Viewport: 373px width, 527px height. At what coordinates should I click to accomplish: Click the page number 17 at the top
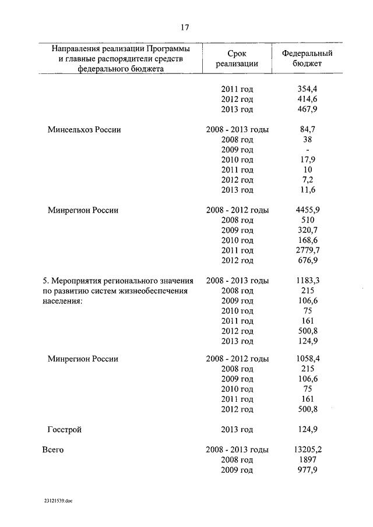[185, 27]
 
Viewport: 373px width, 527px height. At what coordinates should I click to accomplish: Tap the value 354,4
[307, 89]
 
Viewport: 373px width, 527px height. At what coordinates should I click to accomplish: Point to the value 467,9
[307, 109]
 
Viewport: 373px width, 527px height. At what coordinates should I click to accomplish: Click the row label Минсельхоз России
[84, 129]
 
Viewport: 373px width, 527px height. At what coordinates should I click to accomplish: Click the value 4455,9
[307, 210]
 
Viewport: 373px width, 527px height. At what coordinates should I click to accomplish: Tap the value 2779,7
[307, 250]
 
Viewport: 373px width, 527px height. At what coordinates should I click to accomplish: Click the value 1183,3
[307, 280]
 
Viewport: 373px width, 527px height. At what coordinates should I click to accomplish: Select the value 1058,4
[307, 359]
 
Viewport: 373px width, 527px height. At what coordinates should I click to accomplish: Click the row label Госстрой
[64, 430]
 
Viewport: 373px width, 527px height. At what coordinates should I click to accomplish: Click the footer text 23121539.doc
[58, 500]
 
